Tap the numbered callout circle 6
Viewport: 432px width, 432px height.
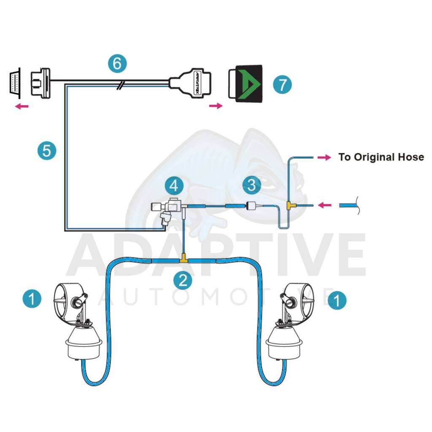[117, 64]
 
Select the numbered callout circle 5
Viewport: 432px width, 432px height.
[46, 151]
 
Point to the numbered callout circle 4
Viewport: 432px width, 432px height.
[174, 185]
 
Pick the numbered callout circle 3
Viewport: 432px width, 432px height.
[251, 185]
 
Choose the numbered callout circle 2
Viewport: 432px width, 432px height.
[183, 280]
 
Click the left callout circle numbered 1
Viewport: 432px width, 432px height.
[32, 300]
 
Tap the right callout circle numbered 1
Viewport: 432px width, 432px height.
[337, 300]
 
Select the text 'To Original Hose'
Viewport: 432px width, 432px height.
[381, 157]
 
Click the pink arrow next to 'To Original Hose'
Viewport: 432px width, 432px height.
[324, 157]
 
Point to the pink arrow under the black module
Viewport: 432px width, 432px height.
[216, 106]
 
